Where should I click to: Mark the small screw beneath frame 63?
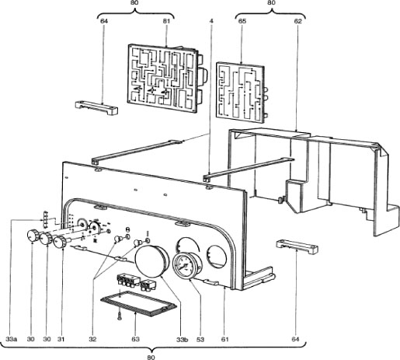click(117, 316)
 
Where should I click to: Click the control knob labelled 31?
click(60, 244)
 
